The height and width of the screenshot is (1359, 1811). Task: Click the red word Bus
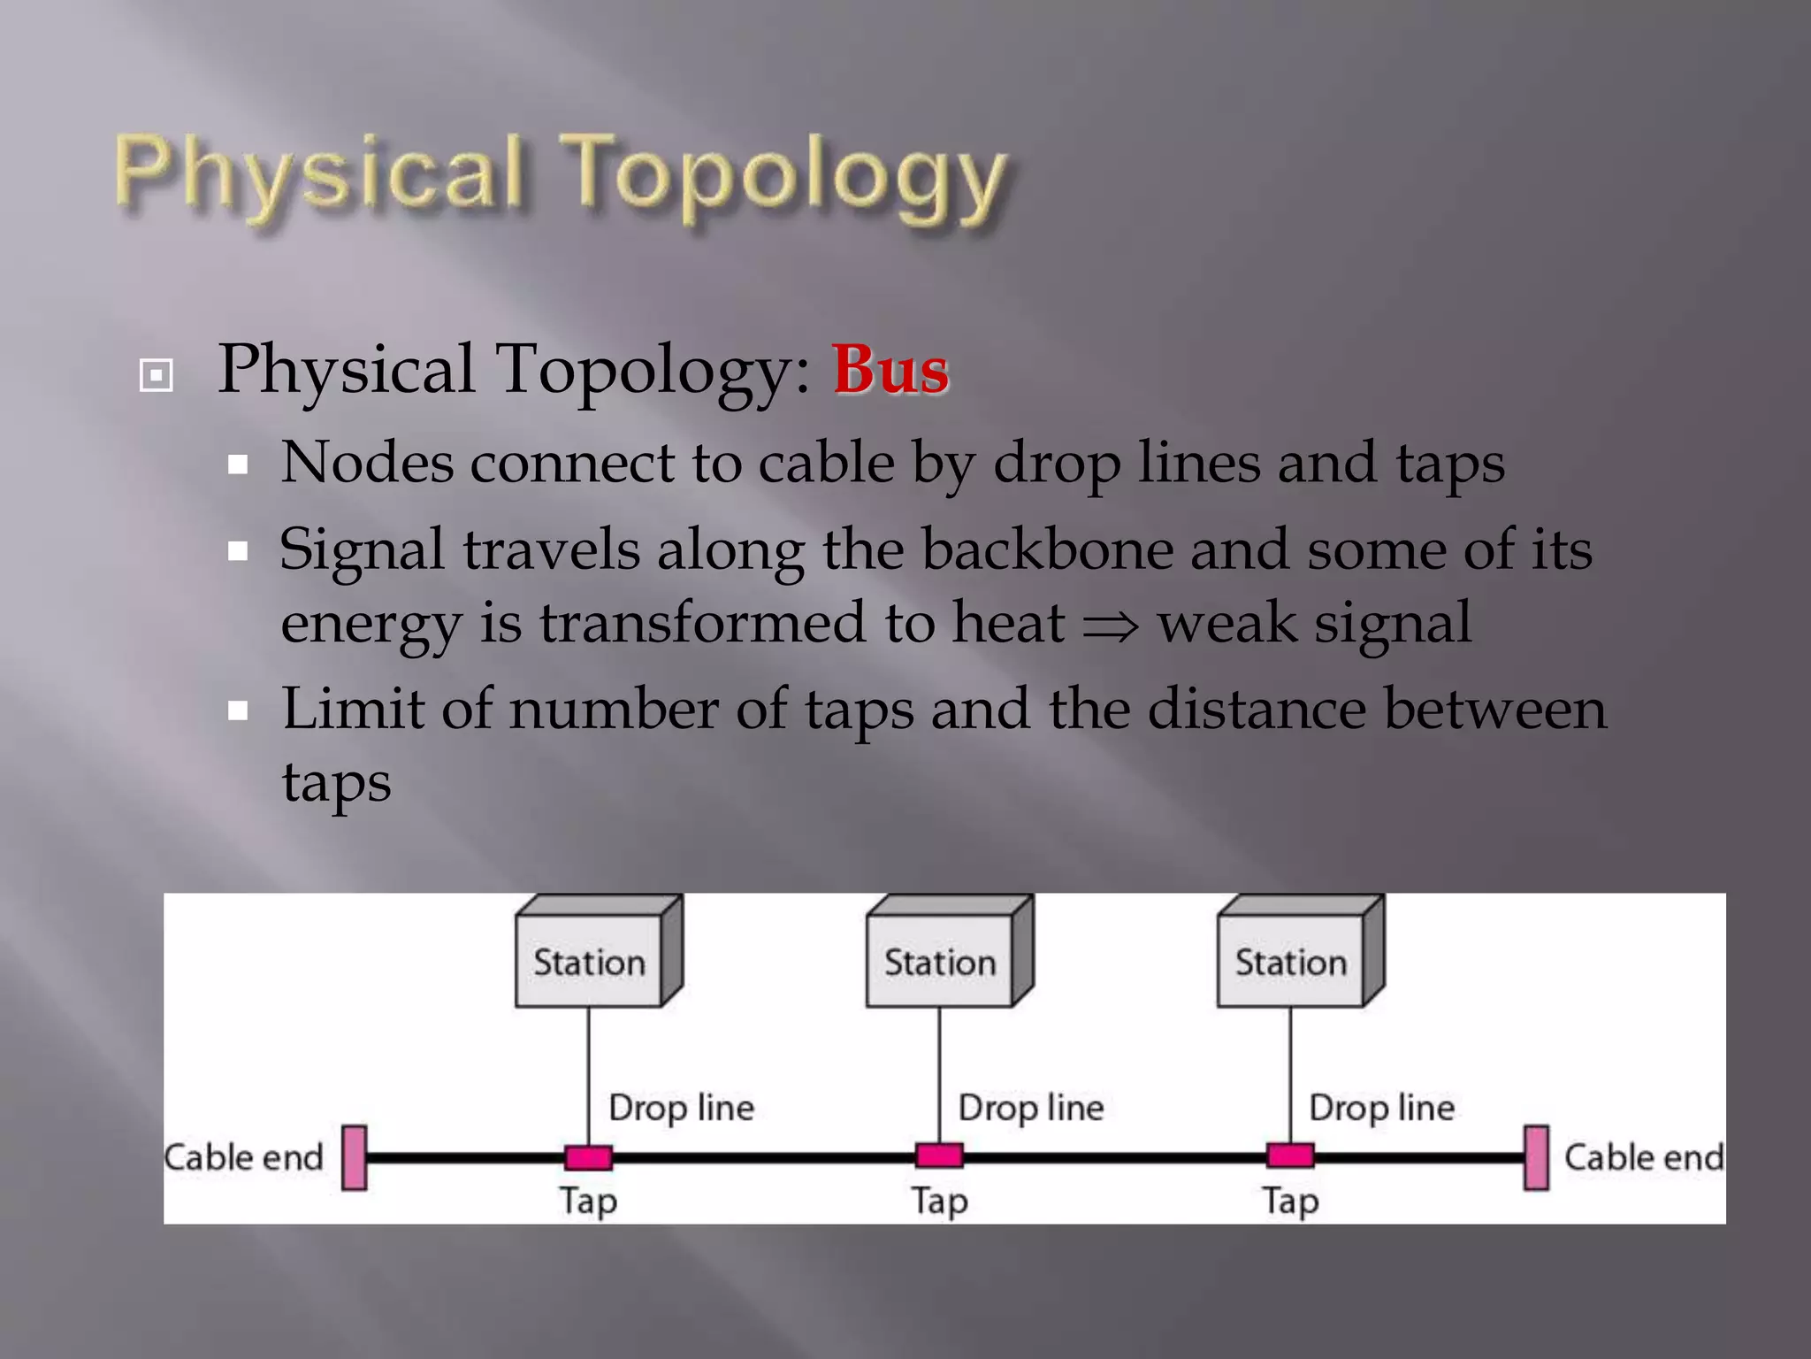click(x=890, y=370)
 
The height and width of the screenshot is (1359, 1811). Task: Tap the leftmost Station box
click(x=589, y=962)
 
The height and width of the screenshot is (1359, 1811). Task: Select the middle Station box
click(x=939, y=962)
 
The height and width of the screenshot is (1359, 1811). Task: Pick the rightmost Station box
click(x=1290, y=962)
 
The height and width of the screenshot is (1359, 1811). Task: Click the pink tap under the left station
click(x=588, y=1157)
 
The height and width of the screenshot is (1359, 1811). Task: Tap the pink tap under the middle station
click(x=939, y=1156)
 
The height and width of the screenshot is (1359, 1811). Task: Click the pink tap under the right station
click(x=1290, y=1156)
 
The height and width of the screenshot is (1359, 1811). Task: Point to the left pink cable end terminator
click(x=355, y=1157)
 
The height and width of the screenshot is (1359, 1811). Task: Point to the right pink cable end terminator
click(x=1537, y=1157)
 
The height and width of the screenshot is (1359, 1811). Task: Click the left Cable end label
click(x=244, y=1157)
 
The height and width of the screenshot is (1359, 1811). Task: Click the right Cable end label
click(x=1644, y=1157)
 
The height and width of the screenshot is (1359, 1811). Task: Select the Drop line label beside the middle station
click(x=1031, y=1108)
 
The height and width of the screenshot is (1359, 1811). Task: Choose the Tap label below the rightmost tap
click(x=1290, y=1202)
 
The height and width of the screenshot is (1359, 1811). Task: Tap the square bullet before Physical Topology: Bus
click(x=157, y=375)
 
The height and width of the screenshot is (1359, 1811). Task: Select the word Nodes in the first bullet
click(x=367, y=463)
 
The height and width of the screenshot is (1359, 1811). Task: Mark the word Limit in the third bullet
click(x=352, y=710)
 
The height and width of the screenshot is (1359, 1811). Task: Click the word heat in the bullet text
click(x=1007, y=623)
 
